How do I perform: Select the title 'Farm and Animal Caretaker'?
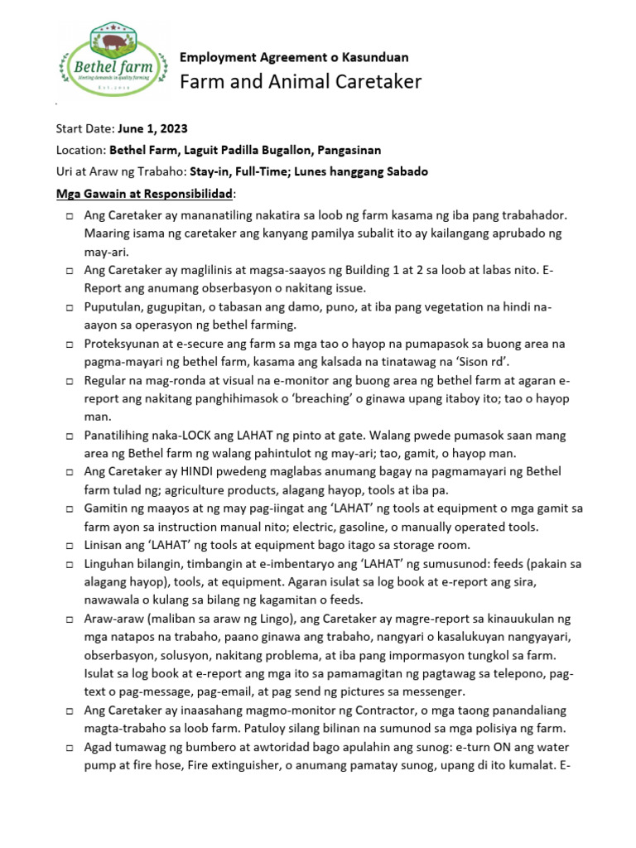click(301, 81)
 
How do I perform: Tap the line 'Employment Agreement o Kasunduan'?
click(294, 57)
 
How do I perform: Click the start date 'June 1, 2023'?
click(152, 128)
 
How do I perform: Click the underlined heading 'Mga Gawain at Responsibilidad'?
click(145, 193)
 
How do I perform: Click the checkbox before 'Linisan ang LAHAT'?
click(69, 545)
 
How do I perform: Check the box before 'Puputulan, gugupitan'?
click(69, 307)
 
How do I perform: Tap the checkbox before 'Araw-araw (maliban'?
click(69, 619)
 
